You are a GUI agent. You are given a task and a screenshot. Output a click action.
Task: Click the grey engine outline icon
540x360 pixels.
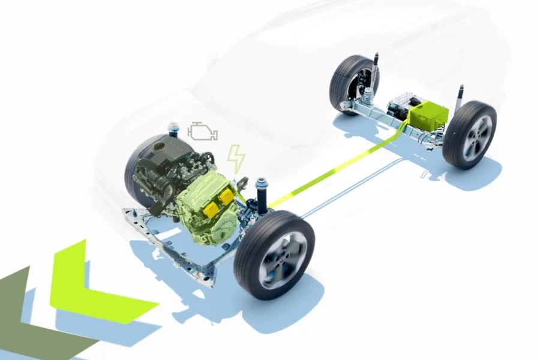(203, 131)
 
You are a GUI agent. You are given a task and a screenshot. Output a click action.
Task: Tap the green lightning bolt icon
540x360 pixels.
(236, 158)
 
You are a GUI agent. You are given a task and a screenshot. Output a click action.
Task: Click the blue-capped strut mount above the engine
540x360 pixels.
(174, 128)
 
